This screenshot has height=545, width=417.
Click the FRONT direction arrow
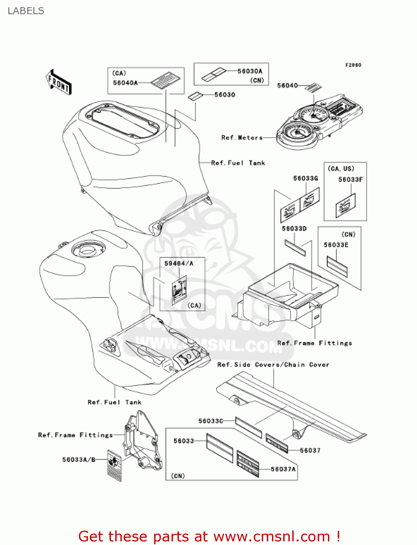59,82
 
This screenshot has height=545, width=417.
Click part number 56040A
125,83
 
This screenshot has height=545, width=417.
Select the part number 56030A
250,71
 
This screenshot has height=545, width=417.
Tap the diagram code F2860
353,65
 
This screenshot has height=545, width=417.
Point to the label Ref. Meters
242,138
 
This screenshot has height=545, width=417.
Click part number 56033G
305,178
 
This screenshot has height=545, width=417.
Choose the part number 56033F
350,179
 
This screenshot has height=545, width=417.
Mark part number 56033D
294,229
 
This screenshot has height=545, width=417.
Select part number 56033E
336,245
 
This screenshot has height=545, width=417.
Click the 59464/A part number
179,263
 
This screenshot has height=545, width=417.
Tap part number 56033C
210,421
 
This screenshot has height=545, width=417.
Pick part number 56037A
283,469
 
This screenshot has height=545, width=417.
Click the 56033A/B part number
79,460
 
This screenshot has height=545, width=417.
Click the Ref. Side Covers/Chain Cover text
273,365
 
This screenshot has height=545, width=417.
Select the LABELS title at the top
26,11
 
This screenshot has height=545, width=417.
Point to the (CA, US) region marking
341,169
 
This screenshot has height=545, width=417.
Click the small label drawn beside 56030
195,96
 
